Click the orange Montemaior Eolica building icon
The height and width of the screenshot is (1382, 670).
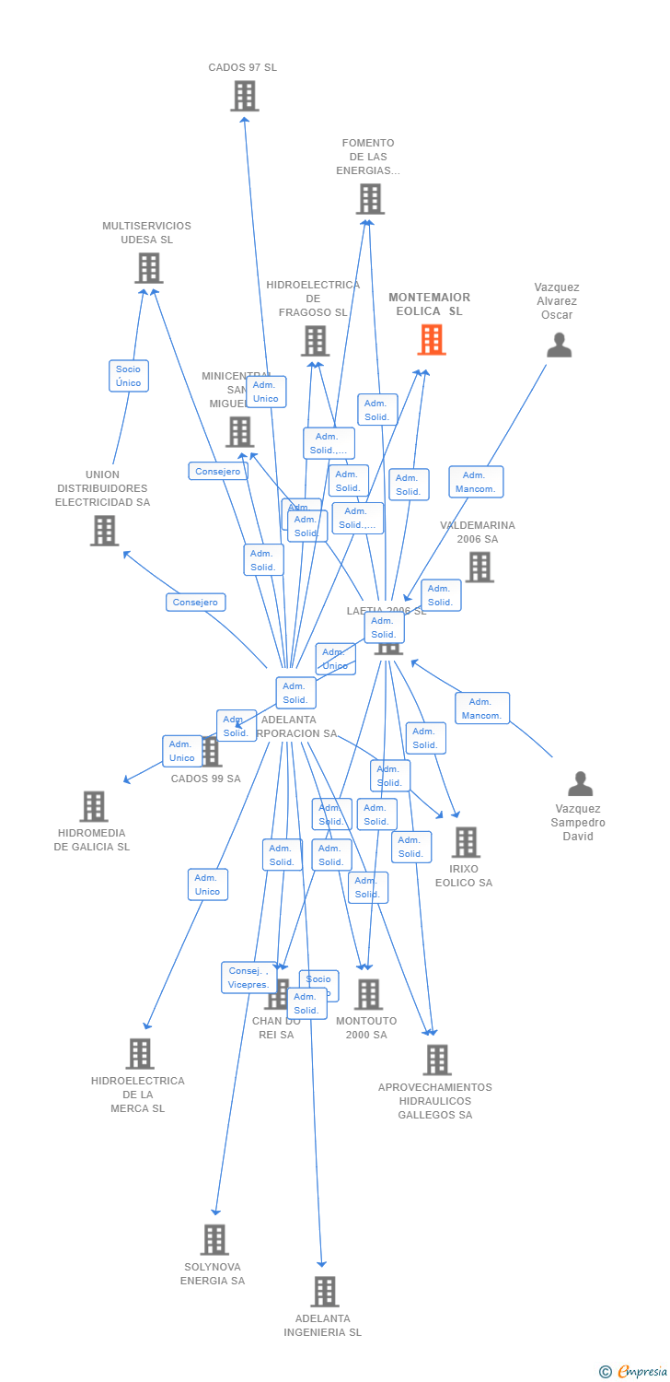tap(431, 340)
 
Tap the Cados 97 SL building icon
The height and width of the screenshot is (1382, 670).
tap(244, 96)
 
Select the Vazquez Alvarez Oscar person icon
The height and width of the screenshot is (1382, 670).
tap(559, 345)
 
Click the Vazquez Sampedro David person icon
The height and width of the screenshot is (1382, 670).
tap(580, 784)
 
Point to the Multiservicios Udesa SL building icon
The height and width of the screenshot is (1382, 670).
tap(148, 268)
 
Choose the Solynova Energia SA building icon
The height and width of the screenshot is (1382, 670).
tap(214, 1239)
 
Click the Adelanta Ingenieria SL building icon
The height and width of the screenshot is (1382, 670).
tap(324, 1292)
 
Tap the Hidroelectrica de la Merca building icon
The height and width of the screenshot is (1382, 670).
tap(140, 1053)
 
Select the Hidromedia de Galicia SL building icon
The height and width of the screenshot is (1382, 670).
tap(93, 806)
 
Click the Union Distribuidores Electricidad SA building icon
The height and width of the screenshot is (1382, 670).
tap(104, 531)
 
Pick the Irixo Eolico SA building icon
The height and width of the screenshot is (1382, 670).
tap(466, 842)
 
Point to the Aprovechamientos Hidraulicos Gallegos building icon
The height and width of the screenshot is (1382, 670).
tap(437, 1060)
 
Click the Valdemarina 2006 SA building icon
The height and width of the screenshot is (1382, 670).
tap(479, 568)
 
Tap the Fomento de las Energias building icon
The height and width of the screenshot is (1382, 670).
tap(370, 199)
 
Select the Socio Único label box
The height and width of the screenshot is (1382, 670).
tap(129, 376)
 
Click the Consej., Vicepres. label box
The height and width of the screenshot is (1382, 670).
tap(248, 978)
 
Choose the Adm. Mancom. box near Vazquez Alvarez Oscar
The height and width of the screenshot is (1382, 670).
tap(476, 482)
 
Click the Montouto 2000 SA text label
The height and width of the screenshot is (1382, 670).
tap(366, 1028)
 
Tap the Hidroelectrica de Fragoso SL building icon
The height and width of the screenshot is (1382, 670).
tap(315, 341)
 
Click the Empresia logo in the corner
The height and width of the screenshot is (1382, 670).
tap(634, 1372)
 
